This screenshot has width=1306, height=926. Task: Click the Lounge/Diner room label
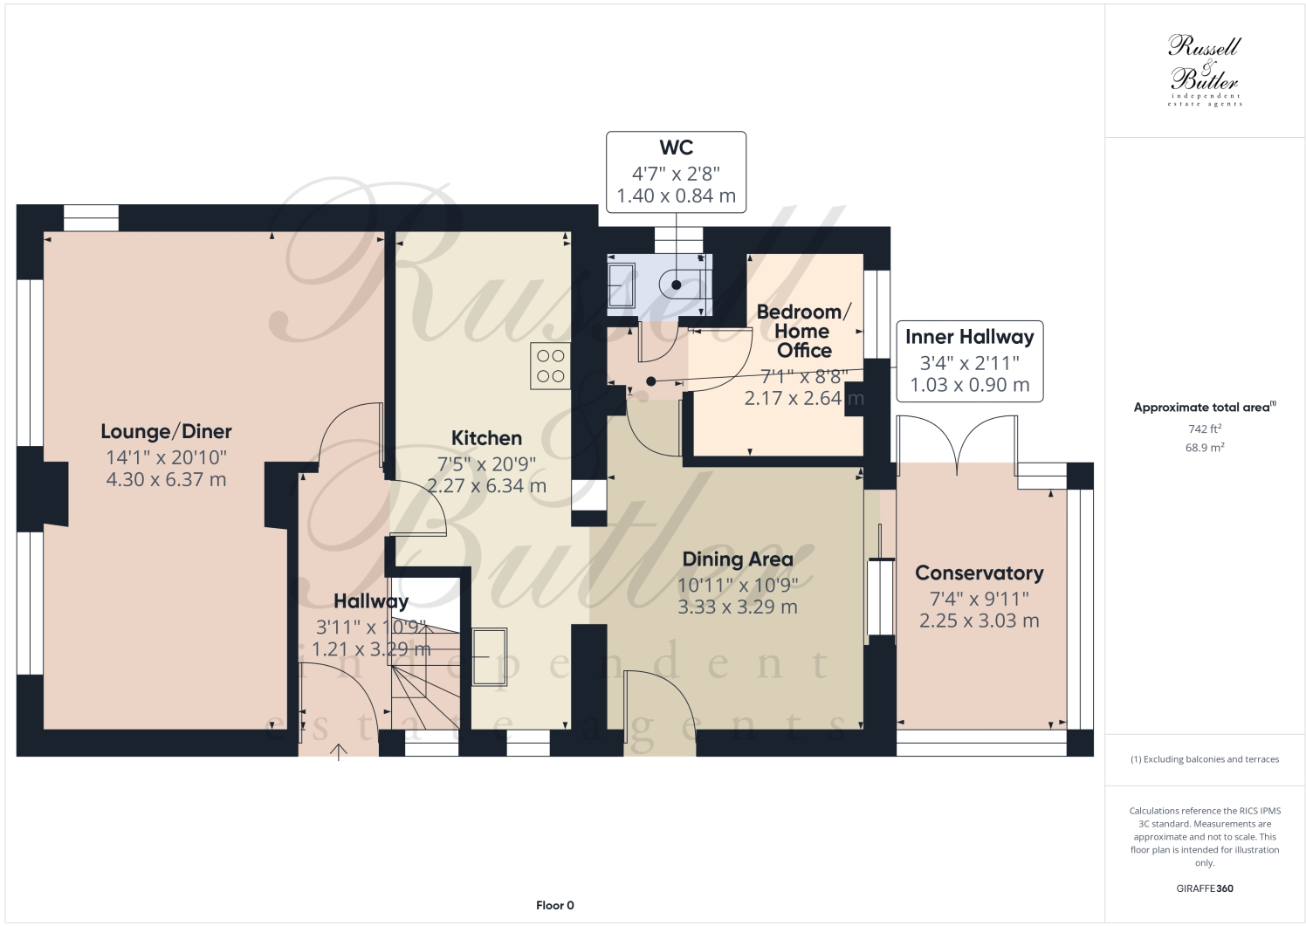(166, 431)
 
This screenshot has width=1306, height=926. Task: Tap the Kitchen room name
(486, 438)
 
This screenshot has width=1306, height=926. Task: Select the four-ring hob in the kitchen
(550, 366)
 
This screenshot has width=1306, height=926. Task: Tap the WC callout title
(677, 147)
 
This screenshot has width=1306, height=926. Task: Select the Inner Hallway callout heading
(969, 337)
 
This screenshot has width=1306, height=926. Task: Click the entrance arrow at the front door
(339, 751)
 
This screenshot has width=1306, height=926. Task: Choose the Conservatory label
(979, 573)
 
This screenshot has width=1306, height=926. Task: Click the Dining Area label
(738, 559)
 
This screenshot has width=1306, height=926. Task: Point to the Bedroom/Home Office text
(803, 331)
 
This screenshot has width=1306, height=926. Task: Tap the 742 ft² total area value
(1205, 429)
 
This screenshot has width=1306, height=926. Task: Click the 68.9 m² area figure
(1205, 448)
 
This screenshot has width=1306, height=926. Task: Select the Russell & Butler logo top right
(1205, 70)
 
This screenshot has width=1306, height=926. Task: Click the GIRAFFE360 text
(1205, 889)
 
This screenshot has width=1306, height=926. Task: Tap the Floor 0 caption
(554, 905)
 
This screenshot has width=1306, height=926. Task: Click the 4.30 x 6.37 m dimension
(166, 479)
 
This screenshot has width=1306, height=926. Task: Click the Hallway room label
(371, 601)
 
